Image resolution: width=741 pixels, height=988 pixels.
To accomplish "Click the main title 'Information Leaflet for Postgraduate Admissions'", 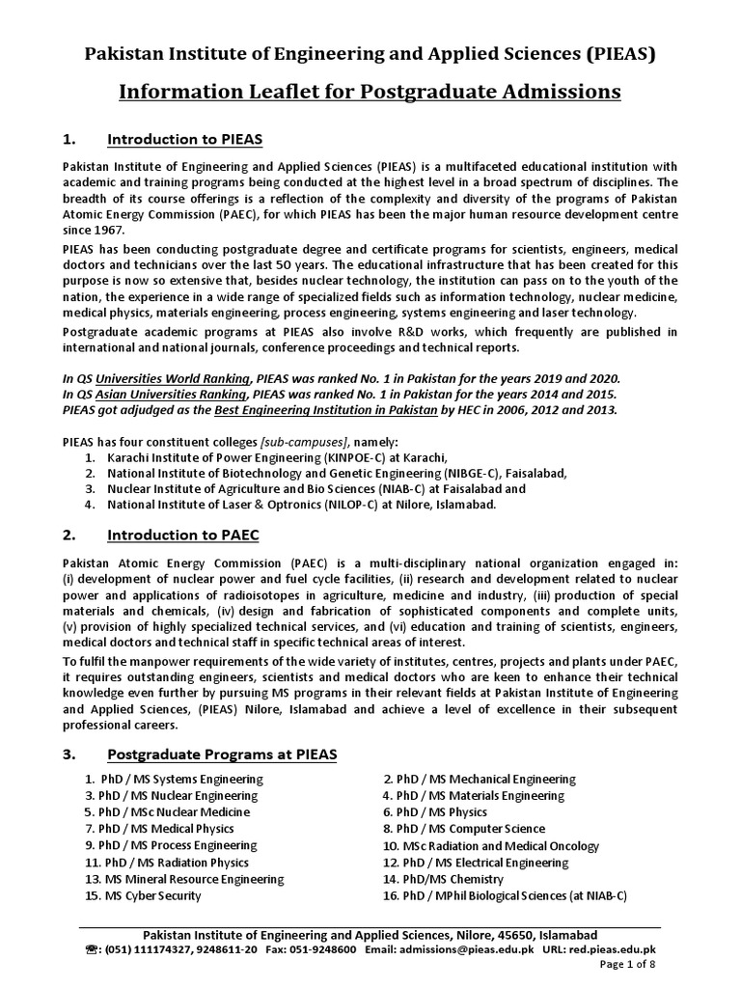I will pos(370,92).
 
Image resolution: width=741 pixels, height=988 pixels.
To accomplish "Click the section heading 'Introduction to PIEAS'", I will pos(184,140).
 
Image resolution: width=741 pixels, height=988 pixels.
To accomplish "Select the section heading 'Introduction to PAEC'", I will pos(182,534).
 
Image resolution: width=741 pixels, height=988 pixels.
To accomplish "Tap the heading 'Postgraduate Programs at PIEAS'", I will pos(222,754).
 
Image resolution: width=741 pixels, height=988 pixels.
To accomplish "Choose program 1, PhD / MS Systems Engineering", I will pos(173,779).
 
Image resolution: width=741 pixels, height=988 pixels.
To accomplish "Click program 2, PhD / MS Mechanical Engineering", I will pos(479,779).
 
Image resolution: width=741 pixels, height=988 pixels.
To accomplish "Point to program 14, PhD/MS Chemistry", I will pos(443,879).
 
